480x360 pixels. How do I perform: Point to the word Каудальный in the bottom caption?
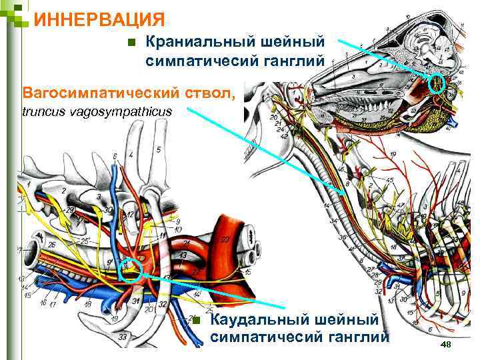257,321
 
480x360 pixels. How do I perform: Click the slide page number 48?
446,343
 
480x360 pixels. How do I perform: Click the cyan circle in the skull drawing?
437,83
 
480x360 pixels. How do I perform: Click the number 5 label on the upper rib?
158,149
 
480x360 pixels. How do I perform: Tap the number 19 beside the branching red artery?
393,155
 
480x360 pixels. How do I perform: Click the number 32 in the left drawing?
158,275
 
